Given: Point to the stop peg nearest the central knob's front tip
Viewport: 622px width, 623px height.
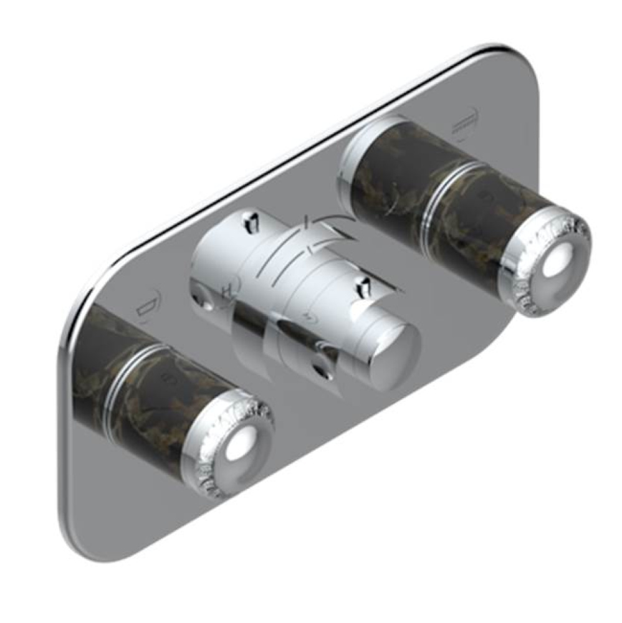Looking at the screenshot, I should coord(360,288).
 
